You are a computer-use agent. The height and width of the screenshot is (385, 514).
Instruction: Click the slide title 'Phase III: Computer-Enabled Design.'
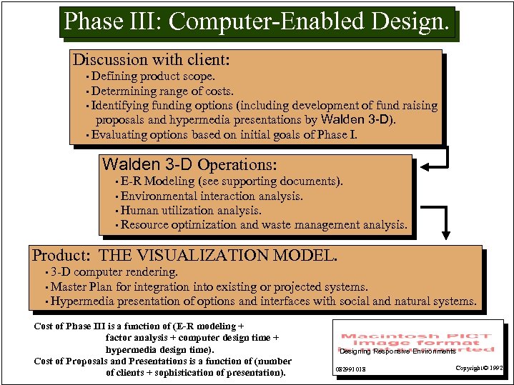(257, 21)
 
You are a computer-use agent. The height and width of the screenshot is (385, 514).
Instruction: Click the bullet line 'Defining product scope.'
(153, 76)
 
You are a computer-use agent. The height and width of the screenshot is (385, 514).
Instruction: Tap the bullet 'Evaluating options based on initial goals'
(224, 135)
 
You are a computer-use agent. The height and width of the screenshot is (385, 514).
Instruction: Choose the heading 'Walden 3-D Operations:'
(189, 165)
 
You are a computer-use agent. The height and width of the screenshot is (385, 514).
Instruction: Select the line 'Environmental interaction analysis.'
(212, 196)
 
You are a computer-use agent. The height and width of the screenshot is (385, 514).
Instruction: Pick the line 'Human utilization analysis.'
(191, 210)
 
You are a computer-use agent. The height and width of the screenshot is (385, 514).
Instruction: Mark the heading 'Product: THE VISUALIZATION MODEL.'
(184, 255)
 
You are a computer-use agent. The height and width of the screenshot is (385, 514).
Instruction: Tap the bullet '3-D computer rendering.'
(114, 272)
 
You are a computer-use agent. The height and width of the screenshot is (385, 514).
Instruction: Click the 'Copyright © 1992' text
(480, 368)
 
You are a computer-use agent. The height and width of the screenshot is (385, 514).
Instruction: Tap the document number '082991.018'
(350, 369)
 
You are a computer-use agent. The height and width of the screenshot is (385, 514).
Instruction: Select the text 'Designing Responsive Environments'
(397, 351)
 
